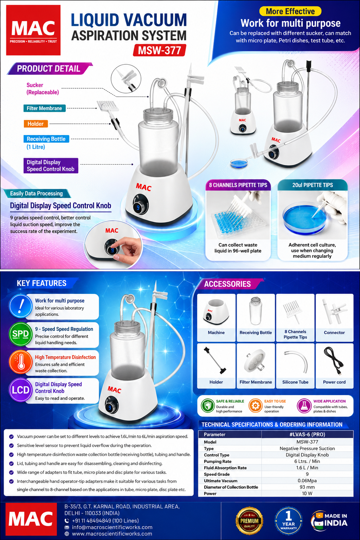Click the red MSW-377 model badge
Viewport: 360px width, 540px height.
click(x=159, y=50)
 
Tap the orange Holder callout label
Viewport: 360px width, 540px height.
click(x=36, y=124)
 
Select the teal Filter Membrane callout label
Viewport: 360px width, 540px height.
click(x=44, y=108)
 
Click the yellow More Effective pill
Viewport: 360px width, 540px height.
click(x=290, y=11)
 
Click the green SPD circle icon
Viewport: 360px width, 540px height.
click(x=20, y=334)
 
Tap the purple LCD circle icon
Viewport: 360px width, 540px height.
click(x=20, y=390)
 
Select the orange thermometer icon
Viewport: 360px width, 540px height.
click(x=20, y=362)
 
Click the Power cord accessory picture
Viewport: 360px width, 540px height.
click(x=334, y=361)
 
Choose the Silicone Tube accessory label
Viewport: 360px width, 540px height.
click(x=295, y=382)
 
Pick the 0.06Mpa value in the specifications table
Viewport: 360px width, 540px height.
click(x=307, y=481)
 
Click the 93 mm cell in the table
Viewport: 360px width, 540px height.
click(x=307, y=487)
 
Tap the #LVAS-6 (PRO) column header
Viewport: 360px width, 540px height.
click(x=307, y=435)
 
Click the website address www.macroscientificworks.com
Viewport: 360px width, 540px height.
click(x=112, y=534)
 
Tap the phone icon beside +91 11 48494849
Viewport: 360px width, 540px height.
click(x=67, y=521)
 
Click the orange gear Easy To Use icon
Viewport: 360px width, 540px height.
click(x=255, y=406)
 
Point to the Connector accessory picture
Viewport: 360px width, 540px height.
click(x=334, y=312)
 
